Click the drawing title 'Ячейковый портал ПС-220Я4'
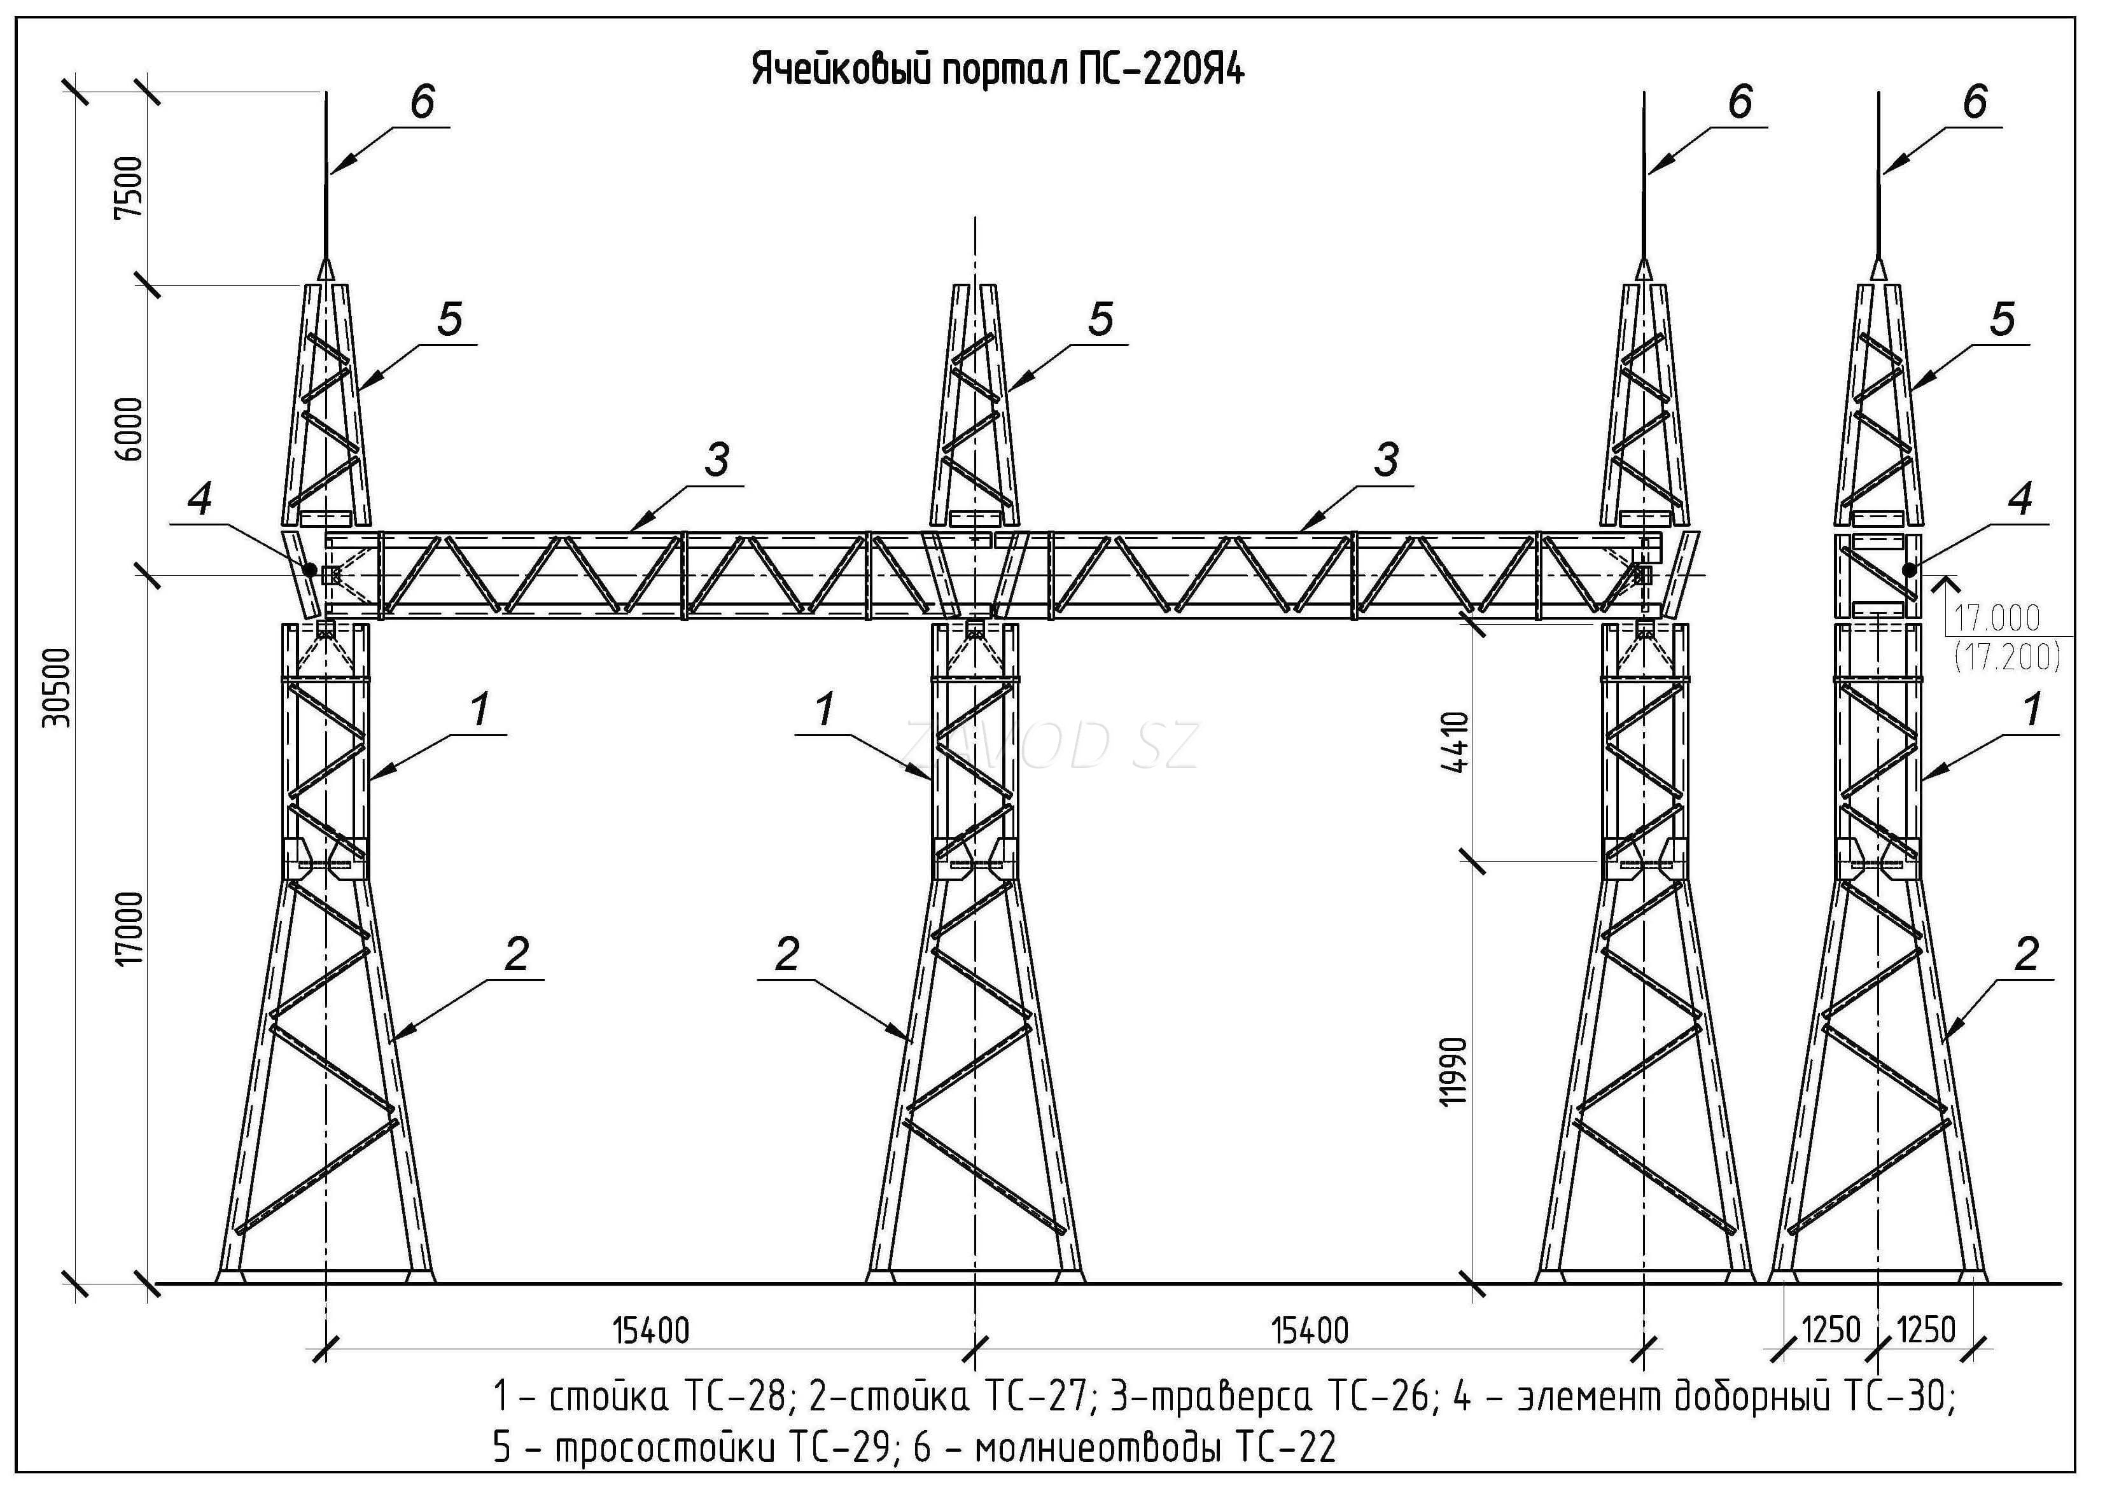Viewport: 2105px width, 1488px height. (998, 70)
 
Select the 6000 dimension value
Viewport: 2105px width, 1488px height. (130, 429)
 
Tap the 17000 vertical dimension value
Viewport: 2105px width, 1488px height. (130, 928)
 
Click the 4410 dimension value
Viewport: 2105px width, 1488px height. (1456, 742)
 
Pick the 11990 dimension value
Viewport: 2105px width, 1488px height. (1456, 1071)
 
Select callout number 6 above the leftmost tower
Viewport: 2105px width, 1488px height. (422, 102)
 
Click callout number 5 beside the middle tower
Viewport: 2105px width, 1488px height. (1100, 319)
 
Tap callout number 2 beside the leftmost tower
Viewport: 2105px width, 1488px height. (516, 954)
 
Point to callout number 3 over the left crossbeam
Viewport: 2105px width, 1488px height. (717, 459)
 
